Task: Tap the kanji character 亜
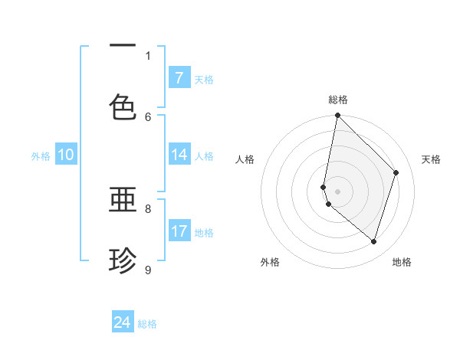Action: click(123, 201)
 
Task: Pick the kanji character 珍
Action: click(123, 260)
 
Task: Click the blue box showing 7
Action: click(179, 78)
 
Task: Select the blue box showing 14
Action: click(179, 155)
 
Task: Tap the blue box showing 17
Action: click(179, 231)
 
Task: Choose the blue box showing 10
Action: click(66, 155)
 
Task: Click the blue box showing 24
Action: click(123, 322)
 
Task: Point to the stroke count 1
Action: click(148, 55)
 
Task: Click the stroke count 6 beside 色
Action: click(148, 116)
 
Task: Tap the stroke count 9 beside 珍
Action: click(148, 270)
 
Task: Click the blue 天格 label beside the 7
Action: click(204, 79)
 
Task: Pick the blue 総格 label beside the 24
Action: click(147, 323)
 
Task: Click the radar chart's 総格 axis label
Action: click(337, 100)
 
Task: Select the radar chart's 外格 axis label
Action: click(270, 262)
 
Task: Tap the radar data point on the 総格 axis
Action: click(337, 116)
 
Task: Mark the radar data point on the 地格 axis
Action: click(373, 241)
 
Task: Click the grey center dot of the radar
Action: click(337, 191)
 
